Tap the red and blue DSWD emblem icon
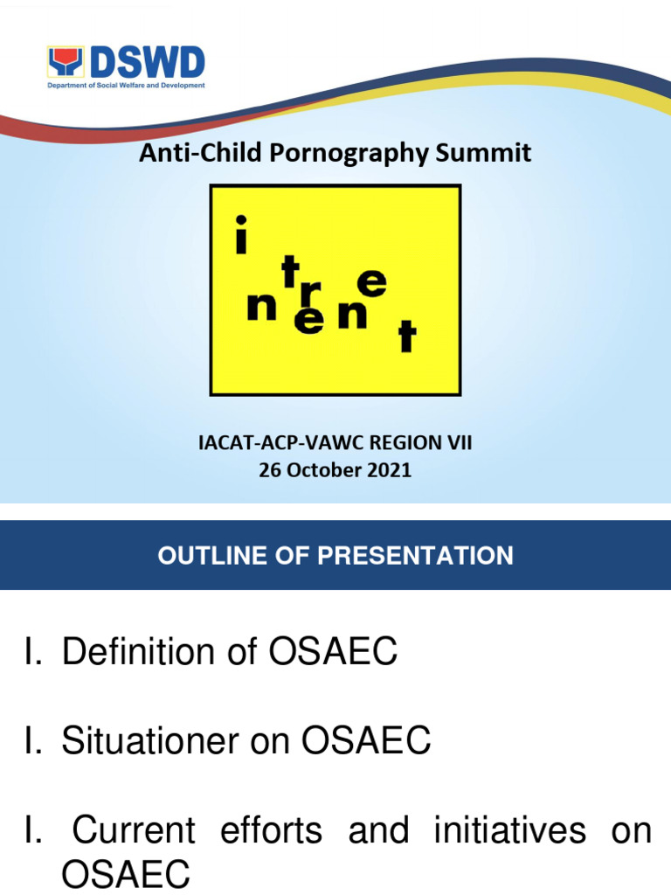pos(65,64)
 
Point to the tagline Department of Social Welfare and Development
pos(125,86)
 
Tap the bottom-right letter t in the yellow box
pos(404,337)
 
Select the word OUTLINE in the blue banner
pos(211,555)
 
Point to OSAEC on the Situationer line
pos(366,741)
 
